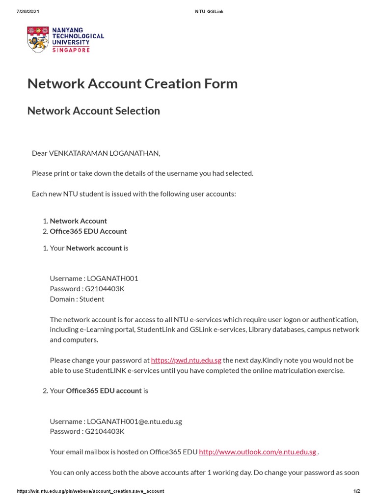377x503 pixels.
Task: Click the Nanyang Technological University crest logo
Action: click(38, 40)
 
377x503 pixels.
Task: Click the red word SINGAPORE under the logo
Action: click(71, 50)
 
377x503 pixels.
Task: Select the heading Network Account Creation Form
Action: click(133, 84)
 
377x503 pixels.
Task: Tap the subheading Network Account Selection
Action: click(94, 111)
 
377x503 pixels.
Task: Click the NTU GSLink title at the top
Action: click(209, 12)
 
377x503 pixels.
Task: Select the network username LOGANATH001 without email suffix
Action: click(112, 278)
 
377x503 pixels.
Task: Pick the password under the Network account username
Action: click(105, 288)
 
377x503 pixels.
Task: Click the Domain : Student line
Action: click(77, 299)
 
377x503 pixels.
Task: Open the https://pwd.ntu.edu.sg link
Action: click(186, 360)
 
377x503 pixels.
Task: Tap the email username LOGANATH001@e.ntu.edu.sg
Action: click(134, 421)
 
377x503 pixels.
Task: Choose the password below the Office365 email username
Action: click(105, 431)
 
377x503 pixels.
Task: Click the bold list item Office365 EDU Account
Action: click(88, 231)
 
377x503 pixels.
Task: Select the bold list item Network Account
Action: click(79, 221)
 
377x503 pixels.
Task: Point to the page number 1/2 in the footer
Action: click(357, 491)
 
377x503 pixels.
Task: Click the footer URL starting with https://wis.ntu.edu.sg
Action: click(90, 491)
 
